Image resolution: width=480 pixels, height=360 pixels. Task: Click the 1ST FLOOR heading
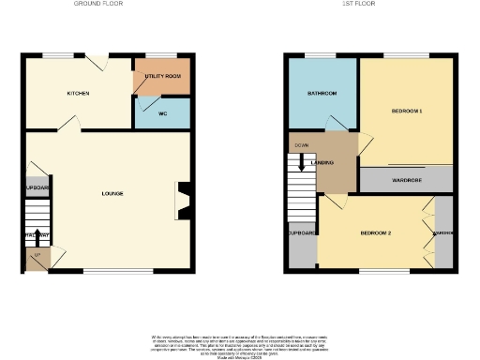(x=370, y=4)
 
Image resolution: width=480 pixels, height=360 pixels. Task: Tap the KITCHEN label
(x=78, y=95)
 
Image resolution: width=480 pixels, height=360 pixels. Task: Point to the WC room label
(x=161, y=113)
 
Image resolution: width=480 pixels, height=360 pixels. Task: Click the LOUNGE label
(x=112, y=193)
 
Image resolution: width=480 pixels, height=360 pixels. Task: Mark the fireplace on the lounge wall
(x=183, y=200)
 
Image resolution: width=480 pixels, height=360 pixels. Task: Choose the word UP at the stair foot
(x=37, y=255)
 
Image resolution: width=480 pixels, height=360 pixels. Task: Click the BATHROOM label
(x=322, y=95)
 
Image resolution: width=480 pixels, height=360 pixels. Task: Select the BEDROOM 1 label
(x=407, y=112)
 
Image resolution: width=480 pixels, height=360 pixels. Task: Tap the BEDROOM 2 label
(x=375, y=232)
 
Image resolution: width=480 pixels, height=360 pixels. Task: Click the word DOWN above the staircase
(x=302, y=145)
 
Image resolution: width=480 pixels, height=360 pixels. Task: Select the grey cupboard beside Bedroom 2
(x=302, y=234)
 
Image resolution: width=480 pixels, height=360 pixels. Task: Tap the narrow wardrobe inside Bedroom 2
(x=443, y=232)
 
